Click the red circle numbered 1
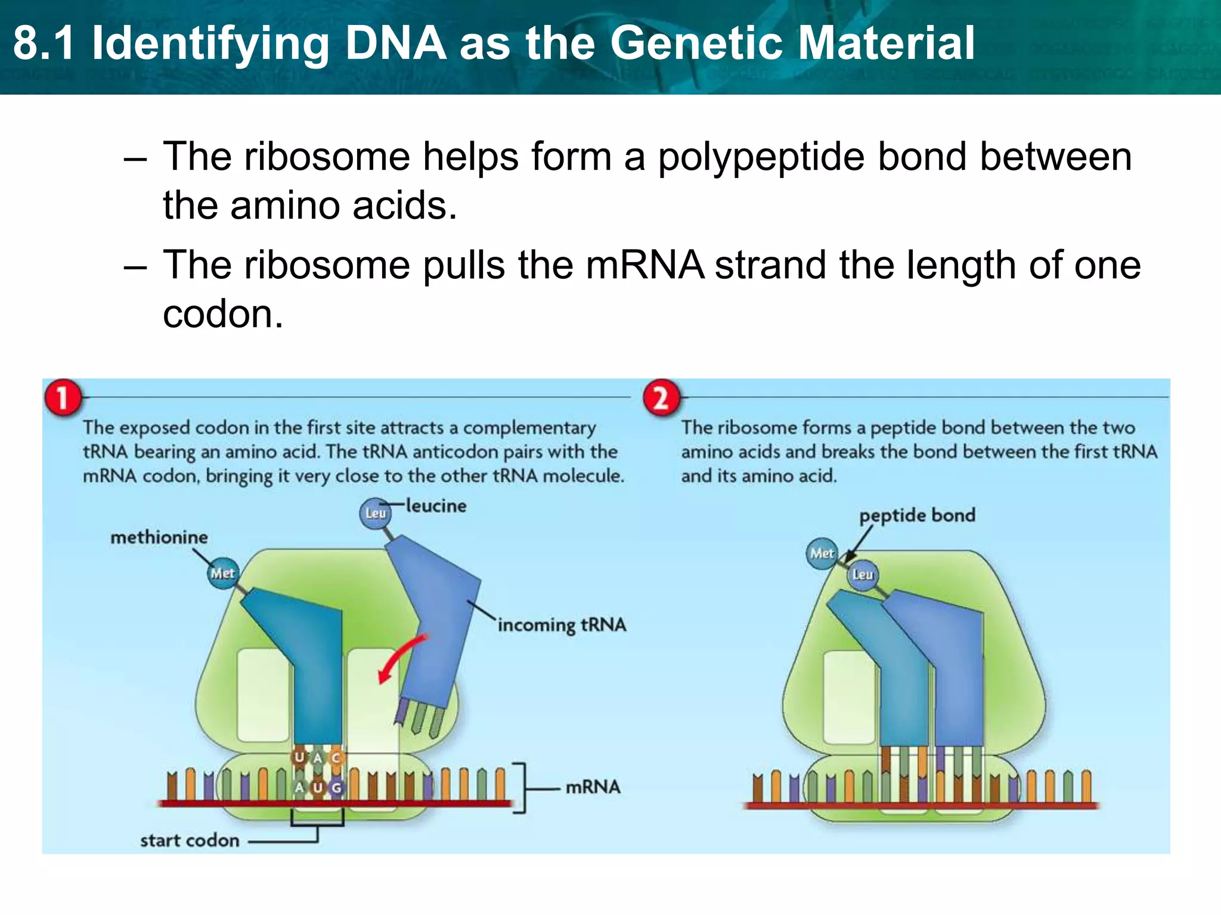[62, 397]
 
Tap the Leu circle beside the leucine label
[376, 513]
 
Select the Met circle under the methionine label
[222, 574]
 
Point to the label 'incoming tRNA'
[562, 625]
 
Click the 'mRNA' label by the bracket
[593, 787]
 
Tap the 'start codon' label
[190, 841]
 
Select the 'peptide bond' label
[917, 515]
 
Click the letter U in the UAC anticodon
[299, 757]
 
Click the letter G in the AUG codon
[336, 788]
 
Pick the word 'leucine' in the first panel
[436, 506]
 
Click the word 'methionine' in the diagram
[159, 537]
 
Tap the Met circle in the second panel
[822, 553]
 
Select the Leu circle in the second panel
[862, 575]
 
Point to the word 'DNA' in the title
[396, 43]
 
